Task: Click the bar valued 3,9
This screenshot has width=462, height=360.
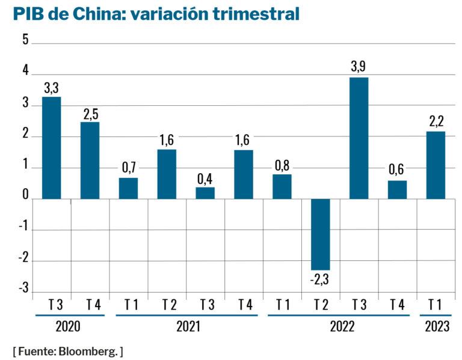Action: (359, 138)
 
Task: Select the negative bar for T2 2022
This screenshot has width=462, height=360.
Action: (320, 234)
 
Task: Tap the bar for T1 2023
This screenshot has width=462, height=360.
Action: (436, 165)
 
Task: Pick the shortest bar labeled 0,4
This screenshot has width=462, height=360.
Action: (205, 193)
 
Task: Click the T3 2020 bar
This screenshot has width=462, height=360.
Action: (51, 148)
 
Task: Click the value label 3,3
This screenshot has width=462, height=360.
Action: (51, 88)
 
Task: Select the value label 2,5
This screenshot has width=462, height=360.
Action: (90, 114)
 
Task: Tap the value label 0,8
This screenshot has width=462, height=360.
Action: (282, 166)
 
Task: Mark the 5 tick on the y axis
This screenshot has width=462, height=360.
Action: (25, 41)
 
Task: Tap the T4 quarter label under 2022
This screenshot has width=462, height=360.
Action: (397, 305)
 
